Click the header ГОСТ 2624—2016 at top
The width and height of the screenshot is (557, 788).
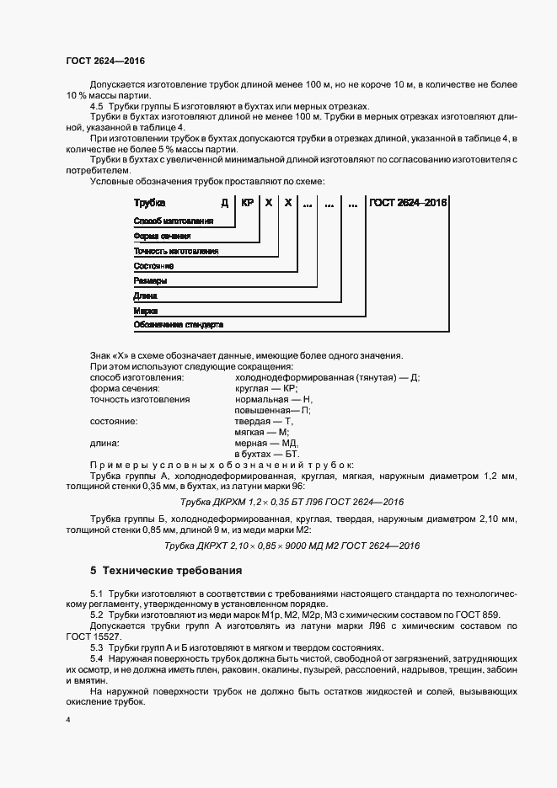tap(105, 61)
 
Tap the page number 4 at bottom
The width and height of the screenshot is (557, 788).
tap(67, 721)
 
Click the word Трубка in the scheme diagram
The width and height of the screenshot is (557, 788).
tap(150, 203)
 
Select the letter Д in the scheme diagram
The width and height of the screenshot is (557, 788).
tap(225, 203)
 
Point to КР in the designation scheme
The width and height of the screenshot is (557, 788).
tap(247, 203)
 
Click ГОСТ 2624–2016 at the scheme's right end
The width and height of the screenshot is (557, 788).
tap(409, 203)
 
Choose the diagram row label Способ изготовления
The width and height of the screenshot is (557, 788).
tap(172, 221)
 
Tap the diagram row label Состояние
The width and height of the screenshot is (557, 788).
tap(153, 265)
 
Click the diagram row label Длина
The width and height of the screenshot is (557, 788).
tap(146, 295)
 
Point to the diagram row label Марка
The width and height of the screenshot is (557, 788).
tap(147, 310)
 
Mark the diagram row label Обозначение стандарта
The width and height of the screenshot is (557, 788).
tap(178, 324)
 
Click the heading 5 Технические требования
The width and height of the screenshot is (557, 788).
tap(166, 570)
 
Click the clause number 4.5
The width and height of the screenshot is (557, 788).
tap(97, 106)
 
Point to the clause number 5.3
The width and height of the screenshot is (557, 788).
tap(97, 647)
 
